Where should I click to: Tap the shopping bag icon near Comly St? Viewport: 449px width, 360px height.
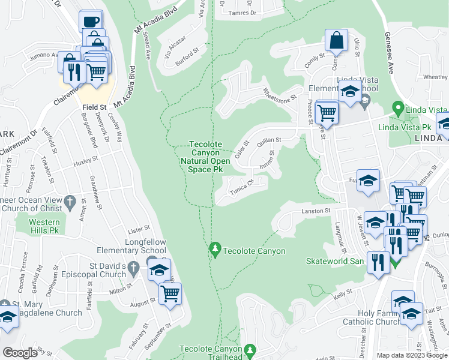tap(336, 41)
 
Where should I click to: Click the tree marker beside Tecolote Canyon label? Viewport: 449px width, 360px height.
tap(215, 248)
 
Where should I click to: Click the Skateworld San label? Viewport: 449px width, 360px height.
tap(335, 262)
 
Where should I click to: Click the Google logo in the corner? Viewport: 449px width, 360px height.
tap(20, 353)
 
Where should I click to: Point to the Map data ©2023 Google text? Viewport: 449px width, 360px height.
tap(412, 355)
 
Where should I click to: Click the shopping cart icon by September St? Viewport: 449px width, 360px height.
tap(170, 293)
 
